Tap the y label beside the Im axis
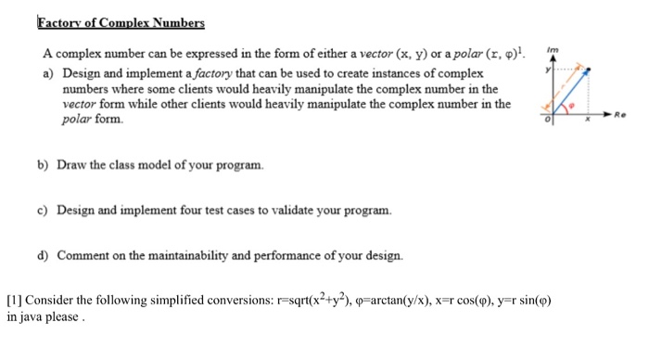pyautogui.click(x=547, y=71)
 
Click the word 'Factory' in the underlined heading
pyautogui.click(x=59, y=22)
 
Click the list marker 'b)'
pyautogui.click(x=43, y=165)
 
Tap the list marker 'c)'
pyautogui.click(x=43, y=210)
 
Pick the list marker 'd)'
pyautogui.click(x=43, y=254)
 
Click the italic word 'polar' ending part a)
pyautogui.click(x=77, y=121)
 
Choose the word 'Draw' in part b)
pyautogui.click(x=72, y=165)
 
